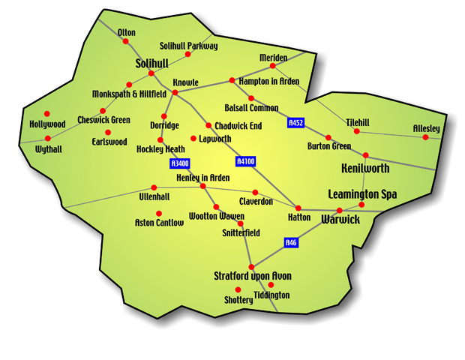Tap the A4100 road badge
coord(246,160)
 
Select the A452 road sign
coord(296,122)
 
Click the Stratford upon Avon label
coord(253,276)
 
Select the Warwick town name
coord(340,220)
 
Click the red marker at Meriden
coord(273,66)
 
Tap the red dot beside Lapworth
coord(193,139)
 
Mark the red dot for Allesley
coord(424,138)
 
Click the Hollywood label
coord(48,124)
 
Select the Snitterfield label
coord(241,232)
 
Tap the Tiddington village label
coord(271,295)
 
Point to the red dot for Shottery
coord(238,289)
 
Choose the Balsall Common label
coord(251,108)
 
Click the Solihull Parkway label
coord(189,46)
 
